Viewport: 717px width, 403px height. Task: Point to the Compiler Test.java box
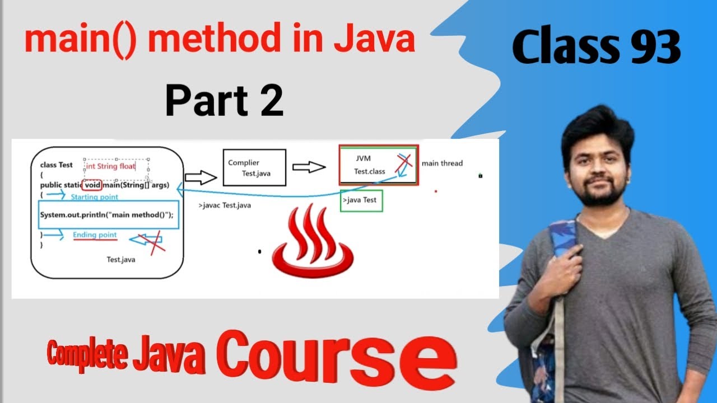pos(254,167)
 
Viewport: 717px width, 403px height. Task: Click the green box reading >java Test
pos(361,200)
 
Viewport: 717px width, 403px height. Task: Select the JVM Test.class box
pos(378,165)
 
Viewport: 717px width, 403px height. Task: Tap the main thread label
pos(442,163)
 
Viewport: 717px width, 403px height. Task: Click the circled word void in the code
pos(92,185)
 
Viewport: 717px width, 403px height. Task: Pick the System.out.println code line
pos(107,215)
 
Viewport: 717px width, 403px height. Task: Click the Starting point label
pos(94,197)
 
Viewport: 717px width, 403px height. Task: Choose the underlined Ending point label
pos(95,235)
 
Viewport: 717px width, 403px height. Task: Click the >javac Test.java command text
pos(225,205)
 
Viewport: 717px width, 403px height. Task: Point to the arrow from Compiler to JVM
pos(309,167)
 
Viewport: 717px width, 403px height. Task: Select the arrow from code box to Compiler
pos(201,178)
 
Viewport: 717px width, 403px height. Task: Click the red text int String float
pos(110,166)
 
